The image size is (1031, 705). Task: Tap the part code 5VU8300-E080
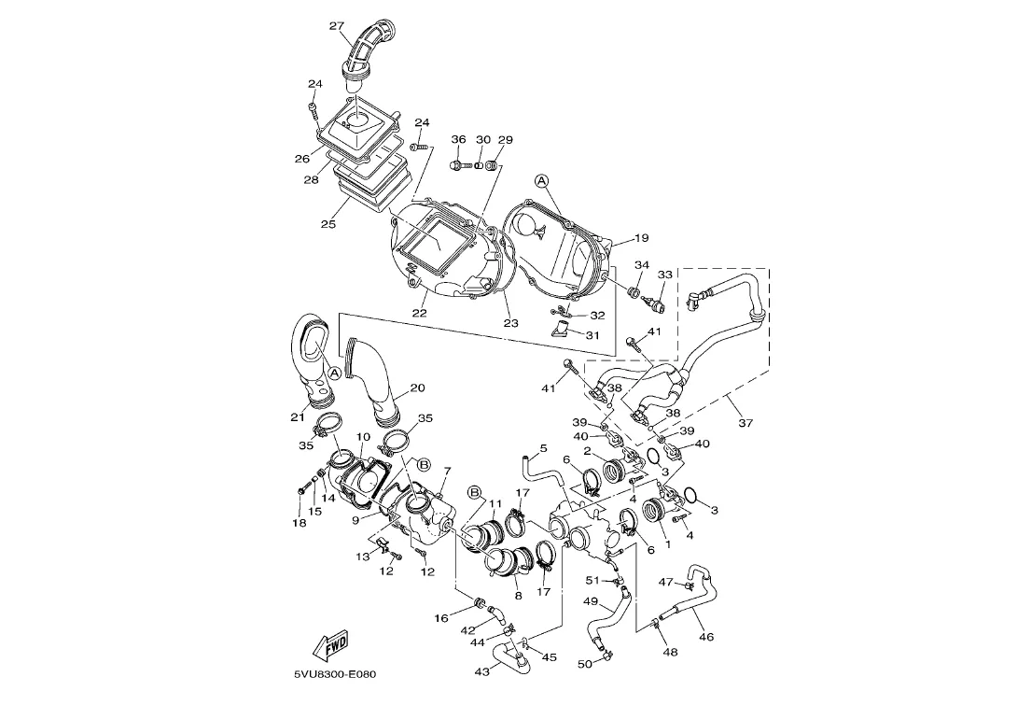(334, 674)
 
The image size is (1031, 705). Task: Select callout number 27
(337, 26)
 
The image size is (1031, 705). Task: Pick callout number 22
(419, 313)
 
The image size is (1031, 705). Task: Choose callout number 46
(705, 637)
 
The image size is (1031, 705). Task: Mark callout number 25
(327, 224)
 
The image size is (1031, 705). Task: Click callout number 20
(417, 388)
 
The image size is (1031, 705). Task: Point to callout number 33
(664, 275)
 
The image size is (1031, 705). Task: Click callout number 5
(543, 449)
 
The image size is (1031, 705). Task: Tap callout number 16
(441, 618)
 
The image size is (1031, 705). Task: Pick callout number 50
(585, 664)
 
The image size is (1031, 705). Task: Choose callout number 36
(458, 140)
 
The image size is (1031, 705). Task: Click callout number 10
(363, 437)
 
